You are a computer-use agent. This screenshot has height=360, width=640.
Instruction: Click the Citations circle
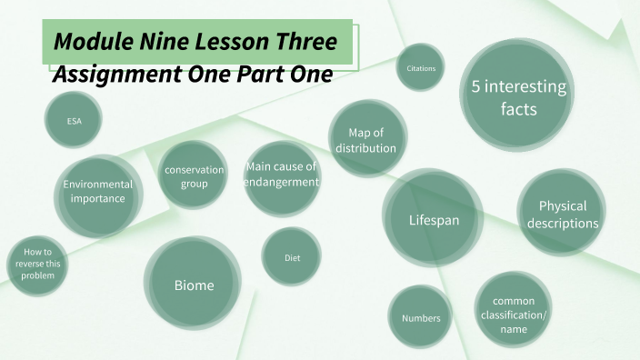420,68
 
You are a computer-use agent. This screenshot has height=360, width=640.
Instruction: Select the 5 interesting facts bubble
517,95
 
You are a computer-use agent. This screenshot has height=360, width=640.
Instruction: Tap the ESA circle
74,120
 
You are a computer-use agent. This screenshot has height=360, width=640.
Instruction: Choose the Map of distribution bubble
365,139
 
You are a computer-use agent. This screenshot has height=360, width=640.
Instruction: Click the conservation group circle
194,175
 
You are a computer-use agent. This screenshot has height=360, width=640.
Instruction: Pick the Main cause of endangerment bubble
282,175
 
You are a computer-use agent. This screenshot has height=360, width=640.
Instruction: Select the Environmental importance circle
97,191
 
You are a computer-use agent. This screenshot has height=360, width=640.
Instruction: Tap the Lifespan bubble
433,219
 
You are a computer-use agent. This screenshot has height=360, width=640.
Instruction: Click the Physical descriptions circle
562,215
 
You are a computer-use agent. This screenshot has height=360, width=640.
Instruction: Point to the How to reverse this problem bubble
38,264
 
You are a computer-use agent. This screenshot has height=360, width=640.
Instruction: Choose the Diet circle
292,258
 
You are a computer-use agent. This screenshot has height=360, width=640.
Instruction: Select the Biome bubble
194,285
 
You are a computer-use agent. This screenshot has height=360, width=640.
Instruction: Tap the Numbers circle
421,318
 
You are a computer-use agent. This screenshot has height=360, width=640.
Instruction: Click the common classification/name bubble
514,314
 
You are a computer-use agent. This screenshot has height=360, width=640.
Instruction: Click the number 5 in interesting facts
476,87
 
